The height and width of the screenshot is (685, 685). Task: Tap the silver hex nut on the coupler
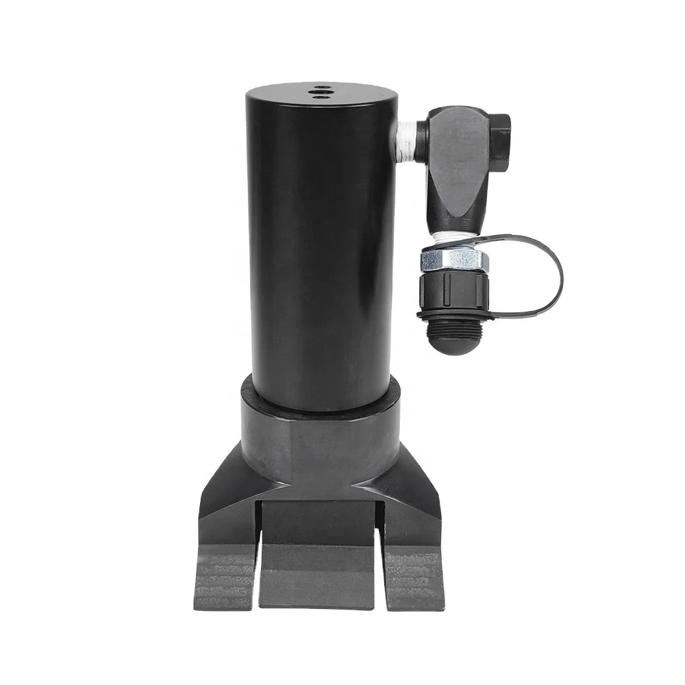click(x=453, y=259)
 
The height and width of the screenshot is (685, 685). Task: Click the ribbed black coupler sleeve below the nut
click(x=453, y=288)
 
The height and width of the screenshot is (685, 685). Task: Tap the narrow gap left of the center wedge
click(x=258, y=548)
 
